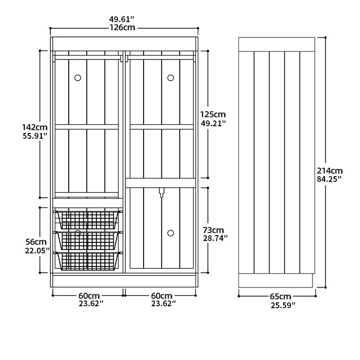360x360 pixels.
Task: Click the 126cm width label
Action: (x=122, y=28)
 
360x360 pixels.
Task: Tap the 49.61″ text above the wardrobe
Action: (x=121, y=19)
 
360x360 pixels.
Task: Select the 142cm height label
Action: (x=35, y=127)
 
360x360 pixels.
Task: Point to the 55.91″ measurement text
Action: (x=35, y=136)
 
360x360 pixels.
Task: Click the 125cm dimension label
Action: (x=213, y=114)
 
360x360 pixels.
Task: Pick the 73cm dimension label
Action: (x=213, y=230)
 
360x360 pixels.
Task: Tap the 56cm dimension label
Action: (x=36, y=242)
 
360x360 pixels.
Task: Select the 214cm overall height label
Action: (x=330, y=171)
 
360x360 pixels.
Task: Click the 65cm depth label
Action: (x=280, y=297)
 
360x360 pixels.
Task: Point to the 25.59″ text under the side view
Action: (x=283, y=306)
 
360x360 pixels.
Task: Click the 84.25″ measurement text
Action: (x=329, y=179)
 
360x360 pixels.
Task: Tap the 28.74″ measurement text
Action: (x=216, y=238)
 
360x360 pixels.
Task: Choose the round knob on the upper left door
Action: (x=78, y=78)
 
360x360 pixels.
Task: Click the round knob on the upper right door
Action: (x=170, y=78)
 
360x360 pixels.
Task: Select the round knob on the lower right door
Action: (x=170, y=233)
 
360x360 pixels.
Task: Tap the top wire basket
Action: (x=88, y=220)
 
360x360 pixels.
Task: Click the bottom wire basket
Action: (x=88, y=261)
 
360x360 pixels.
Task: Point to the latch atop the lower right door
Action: (x=162, y=193)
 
